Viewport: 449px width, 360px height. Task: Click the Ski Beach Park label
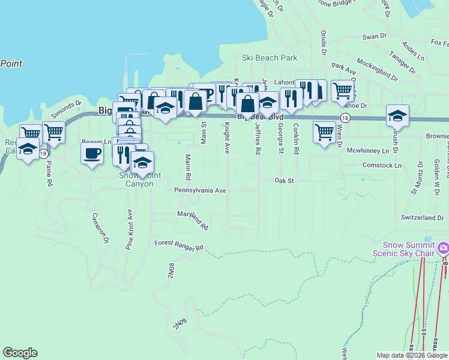[270, 58]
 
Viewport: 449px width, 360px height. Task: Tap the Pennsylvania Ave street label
[200, 190]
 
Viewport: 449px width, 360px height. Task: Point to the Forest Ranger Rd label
[179, 245]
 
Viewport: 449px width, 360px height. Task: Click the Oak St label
[284, 180]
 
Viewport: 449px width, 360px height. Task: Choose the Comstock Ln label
[381, 165]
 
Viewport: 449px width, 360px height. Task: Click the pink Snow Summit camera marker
[443, 247]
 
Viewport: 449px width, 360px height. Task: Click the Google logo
[20, 353]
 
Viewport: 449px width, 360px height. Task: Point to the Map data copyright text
[412, 355]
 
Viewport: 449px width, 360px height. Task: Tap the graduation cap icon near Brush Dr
[397, 115]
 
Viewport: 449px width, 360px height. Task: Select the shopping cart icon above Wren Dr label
[324, 131]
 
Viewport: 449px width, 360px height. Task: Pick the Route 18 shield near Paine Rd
[43, 154]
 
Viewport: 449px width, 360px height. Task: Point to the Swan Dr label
[375, 37]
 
